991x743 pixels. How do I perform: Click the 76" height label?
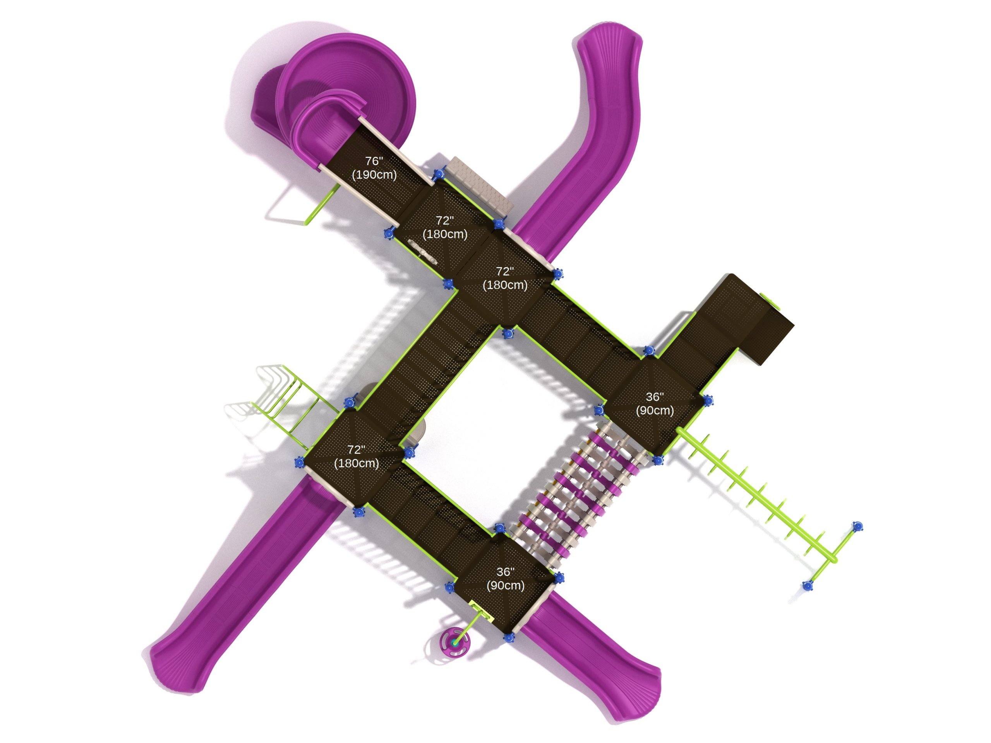click(374, 161)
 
